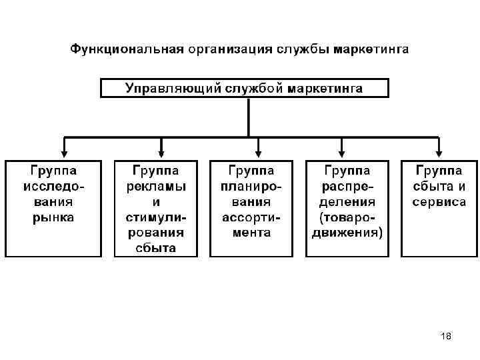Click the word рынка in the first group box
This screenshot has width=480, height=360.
click(x=55, y=217)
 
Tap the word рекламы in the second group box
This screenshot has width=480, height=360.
click(x=156, y=186)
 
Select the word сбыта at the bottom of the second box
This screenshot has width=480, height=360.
click(x=156, y=248)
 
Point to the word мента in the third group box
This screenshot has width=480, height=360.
click(x=251, y=233)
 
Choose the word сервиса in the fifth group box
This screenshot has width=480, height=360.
click(x=439, y=201)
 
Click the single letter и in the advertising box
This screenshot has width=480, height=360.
click(x=156, y=201)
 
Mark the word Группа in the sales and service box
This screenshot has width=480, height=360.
click(x=439, y=170)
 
